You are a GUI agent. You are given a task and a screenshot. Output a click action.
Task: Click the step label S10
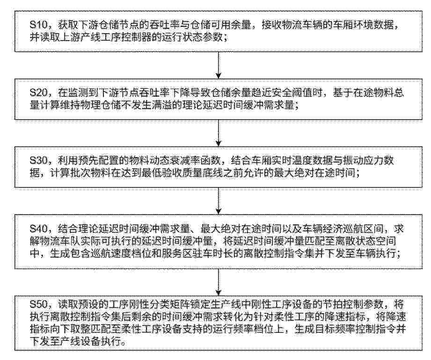pos(39,25)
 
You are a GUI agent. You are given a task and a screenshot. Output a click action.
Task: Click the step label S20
pos(39,93)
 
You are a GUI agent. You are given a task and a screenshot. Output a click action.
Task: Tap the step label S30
pos(39,161)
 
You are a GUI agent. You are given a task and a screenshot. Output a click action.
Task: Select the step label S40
pos(39,229)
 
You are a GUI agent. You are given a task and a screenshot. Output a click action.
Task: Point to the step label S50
pos(39,304)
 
